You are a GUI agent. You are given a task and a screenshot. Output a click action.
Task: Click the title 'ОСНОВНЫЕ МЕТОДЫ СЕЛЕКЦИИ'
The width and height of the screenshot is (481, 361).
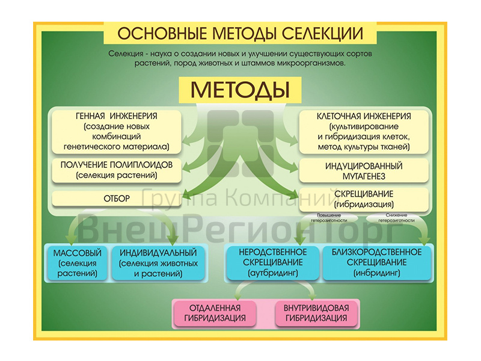(x=240, y=32)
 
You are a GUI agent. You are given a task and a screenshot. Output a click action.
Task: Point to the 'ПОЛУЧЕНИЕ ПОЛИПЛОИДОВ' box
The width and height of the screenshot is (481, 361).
(x=117, y=170)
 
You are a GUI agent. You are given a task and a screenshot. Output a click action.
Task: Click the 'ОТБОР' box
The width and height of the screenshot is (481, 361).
(x=117, y=199)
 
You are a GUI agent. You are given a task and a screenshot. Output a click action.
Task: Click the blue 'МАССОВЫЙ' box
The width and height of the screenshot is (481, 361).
(x=77, y=262)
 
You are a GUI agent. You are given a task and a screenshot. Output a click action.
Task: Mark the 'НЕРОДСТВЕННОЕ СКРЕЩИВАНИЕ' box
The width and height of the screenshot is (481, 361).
(x=273, y=262)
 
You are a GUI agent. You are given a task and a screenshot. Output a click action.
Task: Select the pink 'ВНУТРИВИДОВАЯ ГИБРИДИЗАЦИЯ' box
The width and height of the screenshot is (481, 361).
(x=316, y=313)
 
